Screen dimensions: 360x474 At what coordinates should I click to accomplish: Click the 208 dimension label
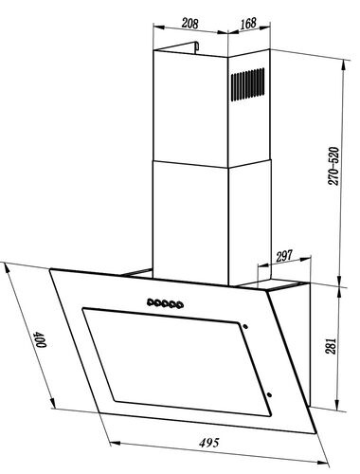pos(190,24)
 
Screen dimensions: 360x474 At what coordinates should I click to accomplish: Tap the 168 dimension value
pos(248,23)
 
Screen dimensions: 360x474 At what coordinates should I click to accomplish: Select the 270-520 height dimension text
pos(333,166)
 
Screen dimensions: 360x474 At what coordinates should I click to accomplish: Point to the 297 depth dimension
pos(284,256)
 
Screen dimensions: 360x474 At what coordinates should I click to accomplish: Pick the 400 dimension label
pos(41,339)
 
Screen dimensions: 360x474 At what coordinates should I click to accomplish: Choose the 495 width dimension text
pos(208,443)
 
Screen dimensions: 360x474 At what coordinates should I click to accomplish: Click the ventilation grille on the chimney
pos(248,84)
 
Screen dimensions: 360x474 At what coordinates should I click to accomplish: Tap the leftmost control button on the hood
pos(151,302)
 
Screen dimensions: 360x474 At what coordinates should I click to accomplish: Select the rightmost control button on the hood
pos(179,305)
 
